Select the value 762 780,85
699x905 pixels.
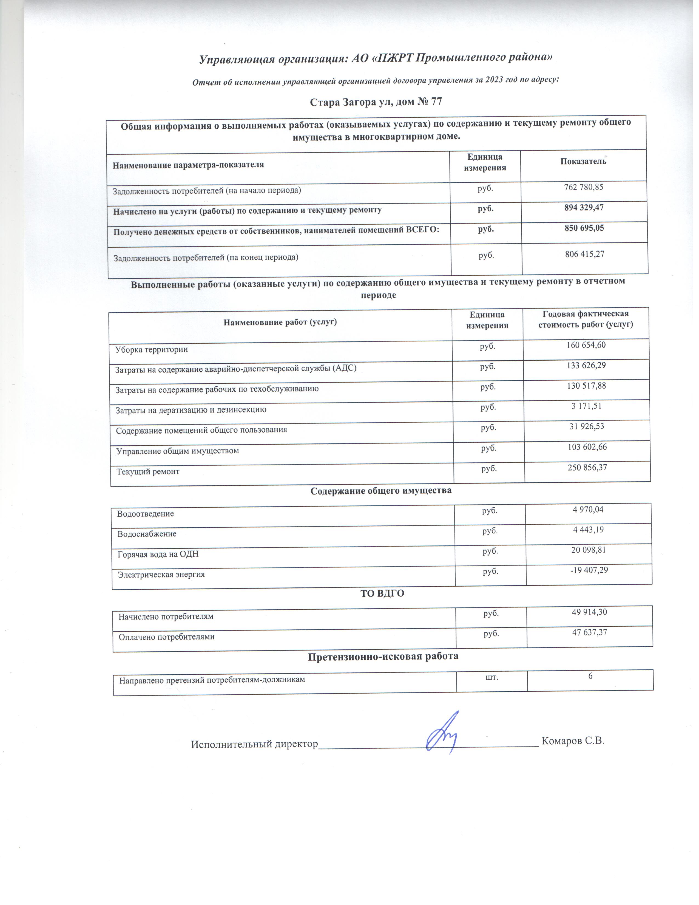point(584,187)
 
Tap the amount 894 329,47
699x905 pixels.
point(584,208)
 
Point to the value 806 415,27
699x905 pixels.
point(585,254)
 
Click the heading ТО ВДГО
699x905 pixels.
point(382,593)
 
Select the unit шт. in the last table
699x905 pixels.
point(491,677)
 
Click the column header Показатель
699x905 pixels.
point(583,162)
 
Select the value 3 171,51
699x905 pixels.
point(586,406)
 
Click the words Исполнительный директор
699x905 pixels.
point(254,744)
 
